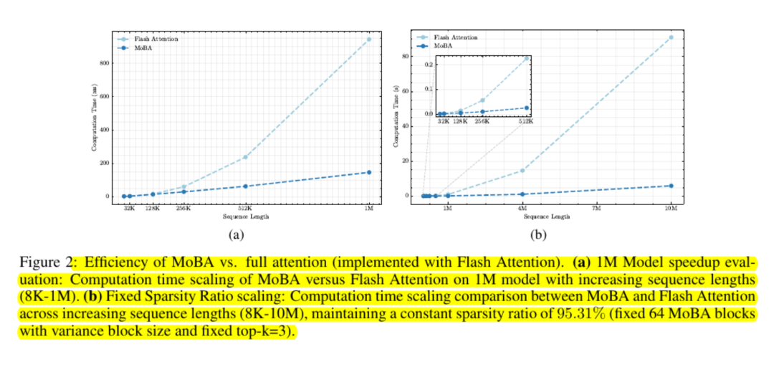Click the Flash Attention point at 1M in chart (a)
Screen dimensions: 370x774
369,39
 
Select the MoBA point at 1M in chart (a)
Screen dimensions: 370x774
369,172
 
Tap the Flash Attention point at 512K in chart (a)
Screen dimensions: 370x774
245,157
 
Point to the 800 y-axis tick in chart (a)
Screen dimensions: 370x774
105,63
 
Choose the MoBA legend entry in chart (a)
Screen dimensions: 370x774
140,47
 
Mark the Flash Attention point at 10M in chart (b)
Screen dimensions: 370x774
671,37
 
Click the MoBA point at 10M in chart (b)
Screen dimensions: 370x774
671,186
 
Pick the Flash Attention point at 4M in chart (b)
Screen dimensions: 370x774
522,171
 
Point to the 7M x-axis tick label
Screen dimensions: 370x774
596,207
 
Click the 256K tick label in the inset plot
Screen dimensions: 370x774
482,121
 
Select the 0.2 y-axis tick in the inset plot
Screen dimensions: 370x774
429,65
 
